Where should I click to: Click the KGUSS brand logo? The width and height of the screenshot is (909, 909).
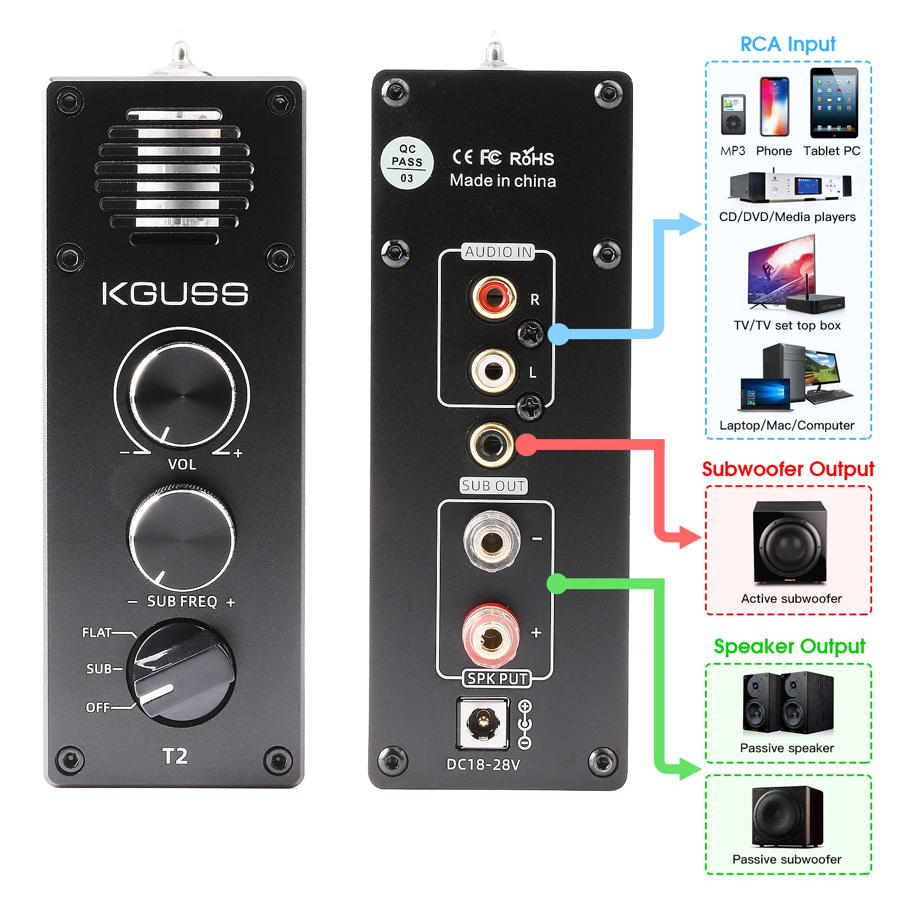tap(175, 294)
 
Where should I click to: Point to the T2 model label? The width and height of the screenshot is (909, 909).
tap(175, 756)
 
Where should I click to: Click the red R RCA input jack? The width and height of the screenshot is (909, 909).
tap(493, 297)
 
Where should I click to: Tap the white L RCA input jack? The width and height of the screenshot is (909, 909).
tap(493, 370)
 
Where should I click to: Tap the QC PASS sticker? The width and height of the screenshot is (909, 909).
tap(407, 163)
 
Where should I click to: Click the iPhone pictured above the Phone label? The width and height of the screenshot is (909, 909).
tap(774, 107)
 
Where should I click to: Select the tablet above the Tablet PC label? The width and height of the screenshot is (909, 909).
tap(833, 103)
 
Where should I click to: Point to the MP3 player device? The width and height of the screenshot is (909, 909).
tap(733, 115)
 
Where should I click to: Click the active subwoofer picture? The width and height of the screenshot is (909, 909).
tap(790, 543)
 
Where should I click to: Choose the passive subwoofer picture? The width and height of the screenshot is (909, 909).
tap(787, 816)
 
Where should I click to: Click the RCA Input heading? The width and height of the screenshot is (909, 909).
tap(788, 44)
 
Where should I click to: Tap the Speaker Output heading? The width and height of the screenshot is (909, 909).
tap(789, 647)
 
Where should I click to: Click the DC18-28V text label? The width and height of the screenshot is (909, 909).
tap(483, 765)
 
